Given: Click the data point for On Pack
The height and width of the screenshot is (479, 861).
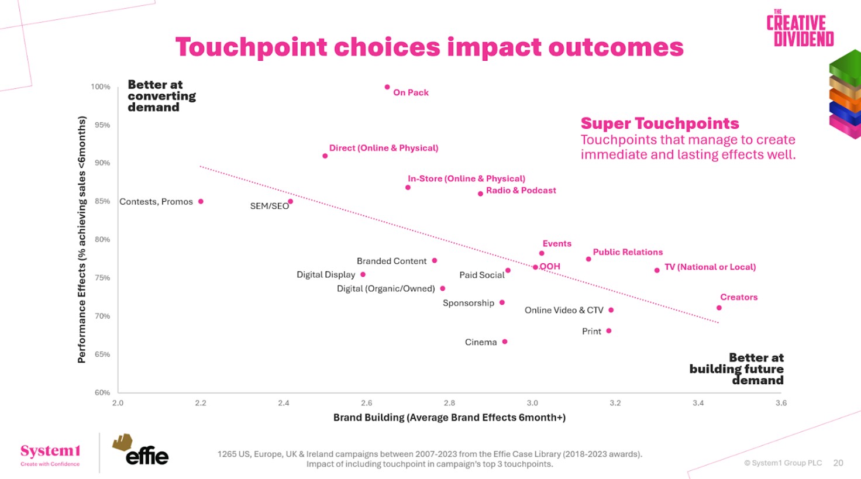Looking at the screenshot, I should pyautogui.click(x=387, y=87).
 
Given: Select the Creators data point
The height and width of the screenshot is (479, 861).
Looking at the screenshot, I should pyautogui.click(x=719, y=308).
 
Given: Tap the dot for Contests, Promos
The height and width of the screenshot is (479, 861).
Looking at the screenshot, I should pyautogui.click(x=201, y=201).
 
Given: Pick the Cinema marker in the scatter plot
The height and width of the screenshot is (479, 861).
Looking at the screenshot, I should pyautogui.click(x=505, y=342).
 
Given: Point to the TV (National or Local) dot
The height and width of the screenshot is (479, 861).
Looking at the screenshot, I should pyautogui.click(x=657, y=270).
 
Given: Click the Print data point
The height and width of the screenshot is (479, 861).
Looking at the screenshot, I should pyautogui.click(x=609, y=331).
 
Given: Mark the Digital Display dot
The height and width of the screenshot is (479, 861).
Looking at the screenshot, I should pyautogui.click(x=363, y=274).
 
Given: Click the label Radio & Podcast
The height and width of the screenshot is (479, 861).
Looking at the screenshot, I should pyautogui.click(x=521, y=191).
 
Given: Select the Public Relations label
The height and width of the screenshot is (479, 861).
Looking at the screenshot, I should pyautogui.click(x=628, y=252).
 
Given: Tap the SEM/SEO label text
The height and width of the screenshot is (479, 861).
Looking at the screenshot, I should pyautogui.click(x=269, y=206).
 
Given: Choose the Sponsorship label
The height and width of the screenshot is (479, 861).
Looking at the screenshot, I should pyautogui.click(x=468, y=303).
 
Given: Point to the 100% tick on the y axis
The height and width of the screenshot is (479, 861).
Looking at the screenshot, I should pyautogui.click(x=101, y=87).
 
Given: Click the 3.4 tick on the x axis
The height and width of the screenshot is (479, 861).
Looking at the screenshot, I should pyautogui.click(x=698, y=403).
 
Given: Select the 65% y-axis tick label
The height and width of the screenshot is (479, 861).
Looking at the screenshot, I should pyautogui.click(x=102, y=354).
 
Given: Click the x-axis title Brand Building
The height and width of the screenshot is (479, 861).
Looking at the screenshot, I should pyautogui.click(x=449, y=418).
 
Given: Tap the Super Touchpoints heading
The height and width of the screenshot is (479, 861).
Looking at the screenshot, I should pyautogui.click(x=659, y=123).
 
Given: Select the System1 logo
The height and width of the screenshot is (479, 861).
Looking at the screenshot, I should pyautogui.click(x=50, y=453).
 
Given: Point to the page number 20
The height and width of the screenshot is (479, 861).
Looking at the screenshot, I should pyautogui.click(x=838, y=463).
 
